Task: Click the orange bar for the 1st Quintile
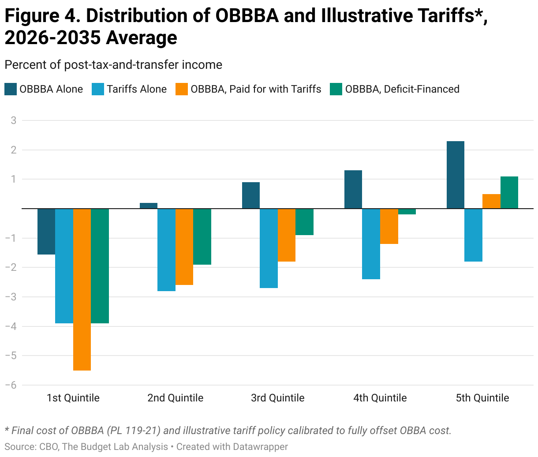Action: click(x=82, y=289)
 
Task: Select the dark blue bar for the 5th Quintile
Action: click(x=456, y=175)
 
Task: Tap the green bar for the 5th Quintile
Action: click(x=509, y=192)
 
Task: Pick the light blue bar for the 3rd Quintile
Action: click(x=269, y=248)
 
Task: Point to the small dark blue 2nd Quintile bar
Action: click(x=149, y=206)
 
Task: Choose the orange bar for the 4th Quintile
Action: click(x=389, y=226)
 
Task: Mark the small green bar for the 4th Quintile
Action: click(x=407, y=211)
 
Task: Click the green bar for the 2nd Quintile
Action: click(x=202, y=236)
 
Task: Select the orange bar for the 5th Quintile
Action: click(x=491, y=201)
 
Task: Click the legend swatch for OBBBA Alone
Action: click(x=11, y=89)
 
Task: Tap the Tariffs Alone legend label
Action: click(x=137, y=89)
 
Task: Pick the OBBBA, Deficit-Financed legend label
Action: click(x=402, y=89)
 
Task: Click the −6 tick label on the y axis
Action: click(x=11, y=385)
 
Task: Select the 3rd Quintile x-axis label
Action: click(x=278, y=398)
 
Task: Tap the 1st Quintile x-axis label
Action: click(x=73, y=398)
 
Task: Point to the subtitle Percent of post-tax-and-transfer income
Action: click(x=113, y=65)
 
